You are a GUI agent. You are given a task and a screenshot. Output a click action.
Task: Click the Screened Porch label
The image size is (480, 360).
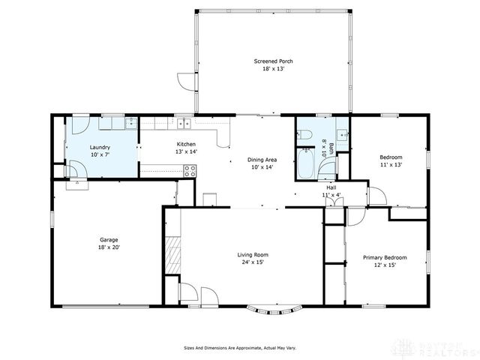(x=273, y=61)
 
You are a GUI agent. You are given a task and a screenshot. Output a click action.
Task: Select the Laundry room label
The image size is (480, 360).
(x=100, y=147)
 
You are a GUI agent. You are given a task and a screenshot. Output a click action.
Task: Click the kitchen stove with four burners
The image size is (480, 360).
(x=190, y=170)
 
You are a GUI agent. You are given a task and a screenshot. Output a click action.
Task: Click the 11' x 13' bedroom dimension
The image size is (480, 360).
(x=391, y=164)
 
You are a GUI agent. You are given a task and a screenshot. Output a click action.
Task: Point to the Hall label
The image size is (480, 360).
(x=331, y=187)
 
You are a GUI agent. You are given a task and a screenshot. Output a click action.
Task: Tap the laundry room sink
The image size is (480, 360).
(x=130, y=122)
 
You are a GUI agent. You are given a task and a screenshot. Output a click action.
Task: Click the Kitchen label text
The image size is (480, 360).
(x=186, y=144)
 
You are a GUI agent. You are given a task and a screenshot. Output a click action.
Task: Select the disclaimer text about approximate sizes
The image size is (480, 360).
(x=240, y=347)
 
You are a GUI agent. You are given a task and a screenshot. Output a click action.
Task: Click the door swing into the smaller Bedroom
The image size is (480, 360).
(x=377, y=196)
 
